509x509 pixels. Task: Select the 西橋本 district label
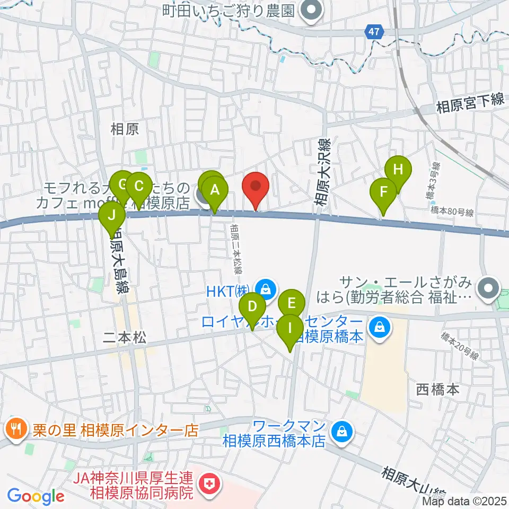point(437,390)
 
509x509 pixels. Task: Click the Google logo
point(36,496)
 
